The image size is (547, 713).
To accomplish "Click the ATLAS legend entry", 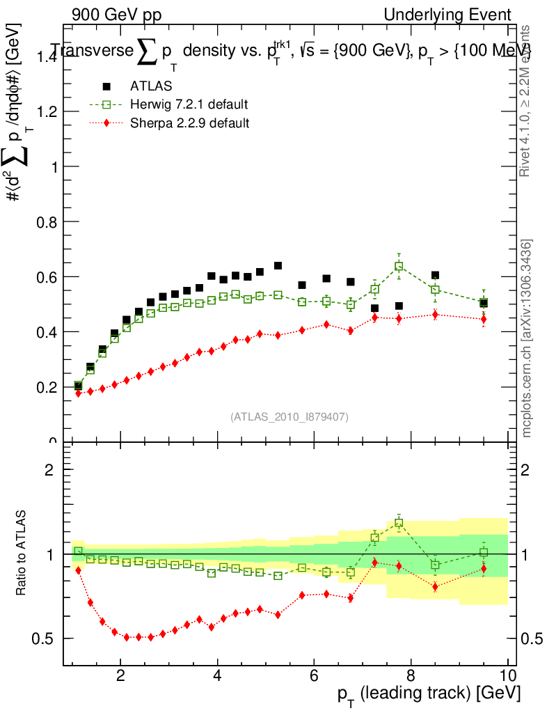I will pos(150,86).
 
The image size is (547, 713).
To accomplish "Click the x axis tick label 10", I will pos(507,675).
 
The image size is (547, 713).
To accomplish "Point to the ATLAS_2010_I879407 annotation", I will pos(290,417).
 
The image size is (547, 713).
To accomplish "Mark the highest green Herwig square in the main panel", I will pos(399,266).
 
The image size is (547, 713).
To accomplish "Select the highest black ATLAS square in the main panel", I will pos(278,266).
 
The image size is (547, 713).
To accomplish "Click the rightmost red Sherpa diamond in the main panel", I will pos(484,319).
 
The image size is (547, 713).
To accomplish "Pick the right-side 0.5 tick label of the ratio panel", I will pos(531,638).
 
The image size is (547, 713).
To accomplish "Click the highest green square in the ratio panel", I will pos(399,522).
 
